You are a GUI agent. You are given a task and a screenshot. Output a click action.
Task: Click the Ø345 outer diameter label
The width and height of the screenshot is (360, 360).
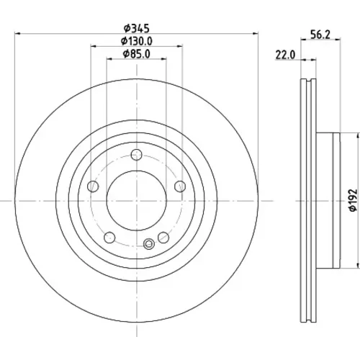click(x=137, y=28)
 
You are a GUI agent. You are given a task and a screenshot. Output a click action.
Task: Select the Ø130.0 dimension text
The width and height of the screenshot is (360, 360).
click(x=137, y=41)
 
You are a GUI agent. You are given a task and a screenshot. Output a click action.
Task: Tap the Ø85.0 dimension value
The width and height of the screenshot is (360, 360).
click(x=137, y=54)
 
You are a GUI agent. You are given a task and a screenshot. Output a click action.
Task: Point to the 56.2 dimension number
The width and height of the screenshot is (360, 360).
click(x=320, y=35)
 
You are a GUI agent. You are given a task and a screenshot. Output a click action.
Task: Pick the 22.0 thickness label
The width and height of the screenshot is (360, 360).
click(x=285, y=55)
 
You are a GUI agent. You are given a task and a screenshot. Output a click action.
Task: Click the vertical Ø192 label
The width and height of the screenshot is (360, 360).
click(x=353, y=200)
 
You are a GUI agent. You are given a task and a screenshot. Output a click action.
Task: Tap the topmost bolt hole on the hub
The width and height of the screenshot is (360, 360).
click(x=137, y=155)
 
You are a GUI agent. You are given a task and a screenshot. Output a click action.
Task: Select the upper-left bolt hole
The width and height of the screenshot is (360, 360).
click(x=93, y=186)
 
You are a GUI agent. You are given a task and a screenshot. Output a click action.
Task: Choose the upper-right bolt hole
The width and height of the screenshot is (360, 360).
click(x=180, y=186)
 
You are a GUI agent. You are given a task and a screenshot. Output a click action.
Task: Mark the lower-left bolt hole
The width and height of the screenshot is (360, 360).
click(x=109, y=238)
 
